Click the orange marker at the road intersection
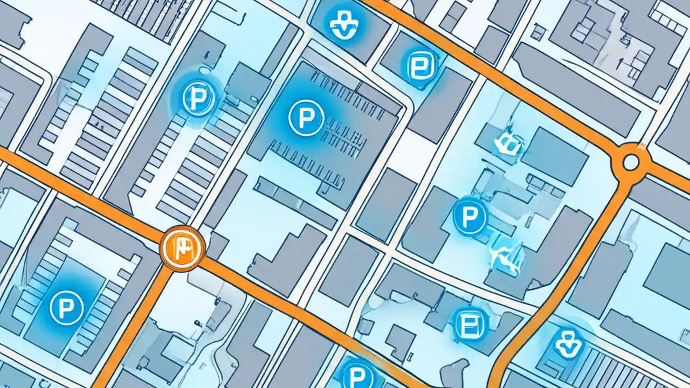tap(182, 248)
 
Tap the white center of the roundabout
tap(630, 161)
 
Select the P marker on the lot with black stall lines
tap(306, 117)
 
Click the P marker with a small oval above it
tap(199, 98)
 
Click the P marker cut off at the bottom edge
tap(357, 374)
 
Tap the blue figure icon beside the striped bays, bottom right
tap(568, 343)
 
